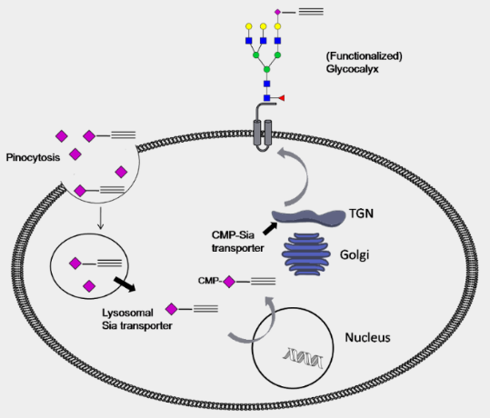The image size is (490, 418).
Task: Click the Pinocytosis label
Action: pos(33,157)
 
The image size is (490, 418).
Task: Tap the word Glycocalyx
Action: pos(352,69)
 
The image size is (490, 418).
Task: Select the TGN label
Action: pos(361,214)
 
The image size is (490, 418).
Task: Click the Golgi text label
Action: pos(355,255)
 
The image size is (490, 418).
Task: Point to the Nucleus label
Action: pos(367,337)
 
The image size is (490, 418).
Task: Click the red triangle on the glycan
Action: pos(282,98)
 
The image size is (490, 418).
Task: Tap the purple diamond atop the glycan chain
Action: pos(277,12)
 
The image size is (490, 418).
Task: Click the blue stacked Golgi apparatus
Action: pos(306,254)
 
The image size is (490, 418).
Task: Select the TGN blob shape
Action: pos(309,216)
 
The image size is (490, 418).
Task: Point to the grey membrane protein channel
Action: pos(264,128)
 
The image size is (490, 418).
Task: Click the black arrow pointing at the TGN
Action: pos(270,228)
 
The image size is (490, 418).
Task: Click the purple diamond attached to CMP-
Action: pos(229,282)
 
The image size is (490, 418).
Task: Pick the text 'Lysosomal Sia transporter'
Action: pos(137,319)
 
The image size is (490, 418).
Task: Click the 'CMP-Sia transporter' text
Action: pos(238,242)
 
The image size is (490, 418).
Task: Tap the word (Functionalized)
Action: pos(365,56)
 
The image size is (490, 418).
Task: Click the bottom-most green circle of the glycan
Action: pos(266,69)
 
